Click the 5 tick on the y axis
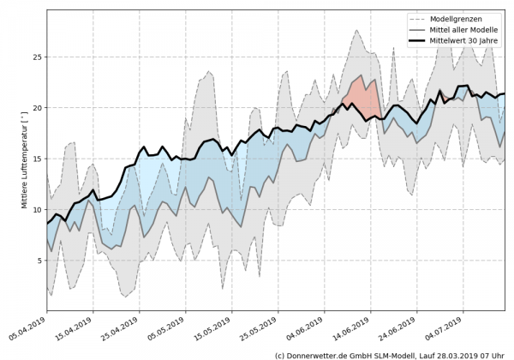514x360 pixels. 38,260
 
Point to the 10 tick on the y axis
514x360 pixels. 36,209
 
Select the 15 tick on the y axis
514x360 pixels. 36,159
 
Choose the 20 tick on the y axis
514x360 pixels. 36,108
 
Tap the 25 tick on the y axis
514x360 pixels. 36,57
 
